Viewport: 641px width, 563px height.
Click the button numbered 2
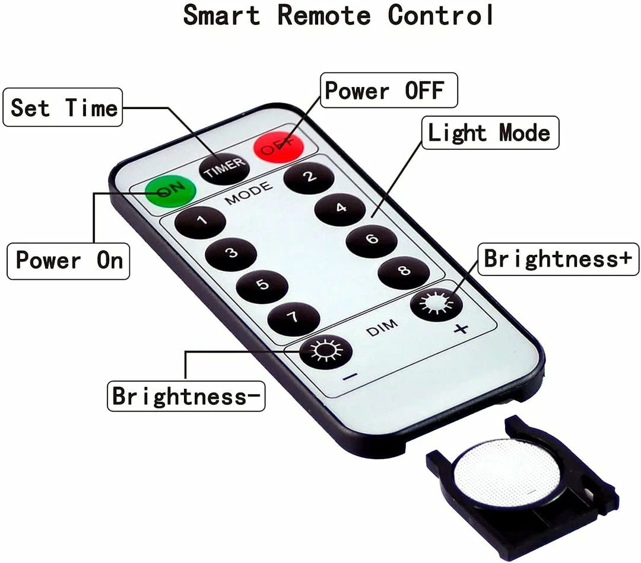click(x=308, y=176)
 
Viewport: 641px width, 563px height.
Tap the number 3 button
click(x=231, y=253)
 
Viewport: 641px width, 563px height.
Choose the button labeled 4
click(x=340, y=208)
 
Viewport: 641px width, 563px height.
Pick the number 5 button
click(x=262, y=285)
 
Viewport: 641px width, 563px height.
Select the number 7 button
click(x=293, y=318)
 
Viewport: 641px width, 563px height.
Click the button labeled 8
click(x=404, y=272)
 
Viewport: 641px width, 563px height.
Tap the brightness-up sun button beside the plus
click(x=436, y=305)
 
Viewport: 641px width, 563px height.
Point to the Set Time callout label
click(x=63, y=107)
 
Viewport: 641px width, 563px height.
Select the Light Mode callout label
click(x=489, y=132)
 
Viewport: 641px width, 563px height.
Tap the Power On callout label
click(x=68, y=260)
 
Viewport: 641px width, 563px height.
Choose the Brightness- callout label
click(x=186, y=396)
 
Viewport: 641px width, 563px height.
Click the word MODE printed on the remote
click(x=249, y=192)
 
